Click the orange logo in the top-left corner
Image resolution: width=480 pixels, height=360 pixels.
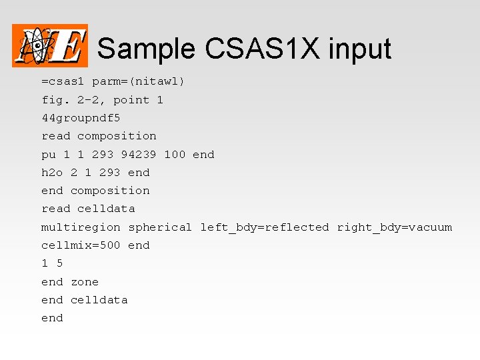coord(50,45)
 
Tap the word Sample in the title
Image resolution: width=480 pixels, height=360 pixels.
coord(147,49)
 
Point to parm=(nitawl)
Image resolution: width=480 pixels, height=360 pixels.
coord(139,81)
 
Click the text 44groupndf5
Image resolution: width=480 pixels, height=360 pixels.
coord(81,118)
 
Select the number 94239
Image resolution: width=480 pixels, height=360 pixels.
coord(139,154)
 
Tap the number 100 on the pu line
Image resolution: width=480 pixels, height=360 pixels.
coord(175,154)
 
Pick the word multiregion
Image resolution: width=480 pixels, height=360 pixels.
coord(81,227)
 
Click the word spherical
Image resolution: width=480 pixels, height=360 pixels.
coord(160,227)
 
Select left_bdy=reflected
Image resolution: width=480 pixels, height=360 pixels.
coord(265,227)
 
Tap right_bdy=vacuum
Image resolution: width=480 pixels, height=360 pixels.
coord(394,227)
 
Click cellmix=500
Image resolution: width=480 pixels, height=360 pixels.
coord(81,245)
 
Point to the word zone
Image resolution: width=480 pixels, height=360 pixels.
coord(85,282)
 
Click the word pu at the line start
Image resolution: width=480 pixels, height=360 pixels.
coord(49,154)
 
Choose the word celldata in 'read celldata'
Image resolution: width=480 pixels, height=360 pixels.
coord(106,209)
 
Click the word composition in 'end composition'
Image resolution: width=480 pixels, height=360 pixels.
coord(110,191)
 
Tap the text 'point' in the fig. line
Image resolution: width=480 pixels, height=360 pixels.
coord(131,100)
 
